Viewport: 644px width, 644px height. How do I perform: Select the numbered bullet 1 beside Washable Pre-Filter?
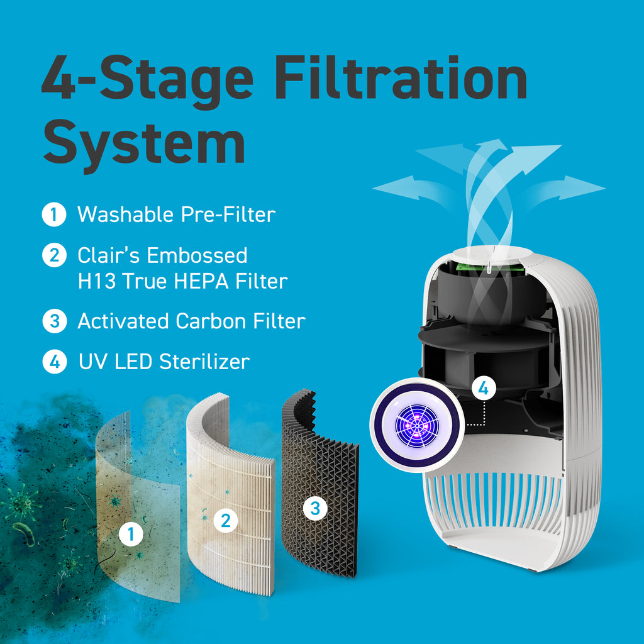point(54,214)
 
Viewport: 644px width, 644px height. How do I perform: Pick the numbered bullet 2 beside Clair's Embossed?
point(54,255)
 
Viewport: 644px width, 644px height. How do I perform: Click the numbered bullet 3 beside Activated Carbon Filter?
point(54,321)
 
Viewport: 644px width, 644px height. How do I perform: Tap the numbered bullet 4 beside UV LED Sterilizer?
point(54,362)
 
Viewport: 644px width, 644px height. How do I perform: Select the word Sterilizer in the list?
point(204,362)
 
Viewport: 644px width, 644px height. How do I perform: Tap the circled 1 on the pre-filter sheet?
point(131,535)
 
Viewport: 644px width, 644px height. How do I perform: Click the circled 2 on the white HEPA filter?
point(225,520)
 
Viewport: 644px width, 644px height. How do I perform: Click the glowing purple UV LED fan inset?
point(416,425)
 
